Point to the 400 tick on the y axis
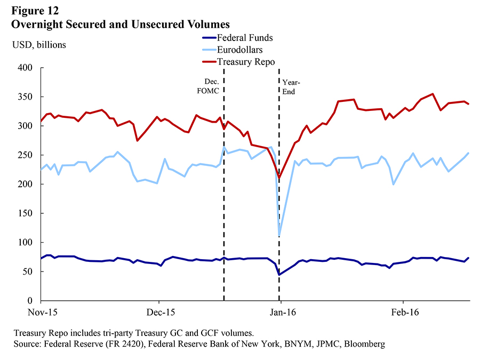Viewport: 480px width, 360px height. pyautogui.click(x=26, y=68)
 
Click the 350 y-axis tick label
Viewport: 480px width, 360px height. pyautogui.click(x=26, y=97)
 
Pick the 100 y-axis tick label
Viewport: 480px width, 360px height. pyautogui.click(x=26, y=243)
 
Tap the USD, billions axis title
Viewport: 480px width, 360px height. pyautogui.click(x=39, y=44)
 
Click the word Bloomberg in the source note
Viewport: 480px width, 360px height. pyautogui.click(x=364, y=344)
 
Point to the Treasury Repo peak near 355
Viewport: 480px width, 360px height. pyautogui.click(x=433, y=94)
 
